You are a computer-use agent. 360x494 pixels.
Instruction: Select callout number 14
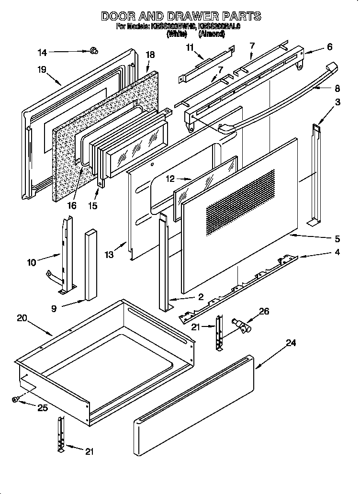43,52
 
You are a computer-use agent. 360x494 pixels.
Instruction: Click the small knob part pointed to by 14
93,50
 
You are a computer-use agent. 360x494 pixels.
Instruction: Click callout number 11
190,47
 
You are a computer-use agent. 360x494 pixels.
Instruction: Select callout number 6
329,47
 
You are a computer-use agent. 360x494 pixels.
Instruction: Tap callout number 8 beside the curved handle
337,88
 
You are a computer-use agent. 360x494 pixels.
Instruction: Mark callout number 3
337,101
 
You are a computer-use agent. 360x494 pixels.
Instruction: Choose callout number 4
337,252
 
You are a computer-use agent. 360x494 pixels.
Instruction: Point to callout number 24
291,343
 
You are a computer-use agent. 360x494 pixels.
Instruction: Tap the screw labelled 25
16,399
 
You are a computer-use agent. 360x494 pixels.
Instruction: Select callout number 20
22,318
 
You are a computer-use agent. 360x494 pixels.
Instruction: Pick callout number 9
54,309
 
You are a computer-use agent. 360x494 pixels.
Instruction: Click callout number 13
110,255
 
